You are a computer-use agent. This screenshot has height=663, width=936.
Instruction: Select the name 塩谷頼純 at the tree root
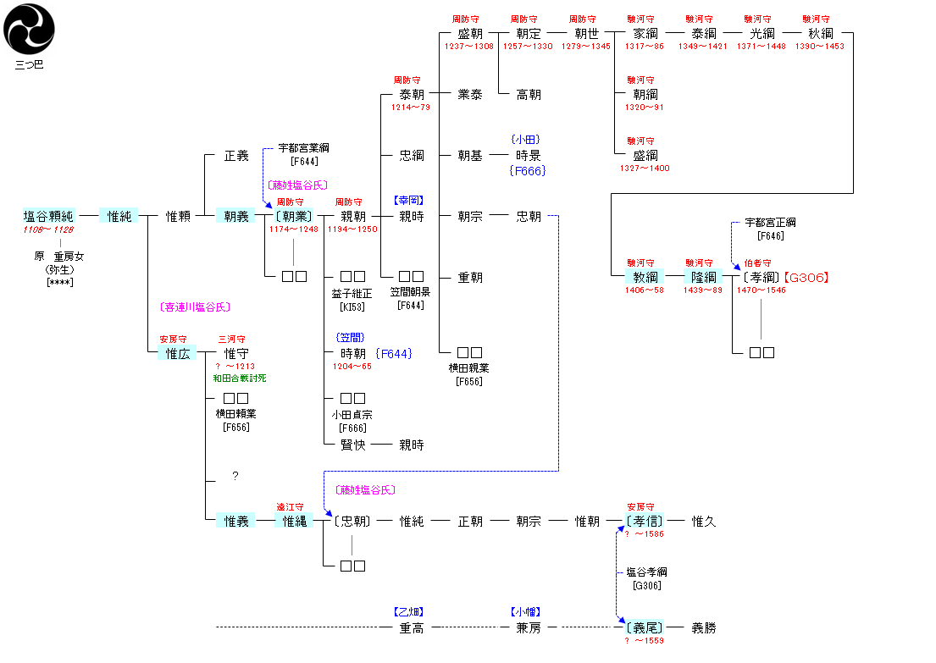tap(48, 216)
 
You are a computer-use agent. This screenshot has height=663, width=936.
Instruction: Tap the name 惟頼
tap(178, 216)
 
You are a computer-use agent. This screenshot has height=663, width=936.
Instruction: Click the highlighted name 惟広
tap(178, 353)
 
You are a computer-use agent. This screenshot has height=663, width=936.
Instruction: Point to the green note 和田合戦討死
tap(241, 378)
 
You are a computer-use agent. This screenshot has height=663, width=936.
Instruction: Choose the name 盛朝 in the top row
tap(469, 33)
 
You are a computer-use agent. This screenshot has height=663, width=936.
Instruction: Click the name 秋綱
tap(820, 33)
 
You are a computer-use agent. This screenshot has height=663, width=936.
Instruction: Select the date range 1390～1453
tap(820, 47)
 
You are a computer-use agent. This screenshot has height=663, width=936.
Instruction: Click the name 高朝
tap(529, 94)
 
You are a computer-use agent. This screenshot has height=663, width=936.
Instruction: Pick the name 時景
tap(529, 155)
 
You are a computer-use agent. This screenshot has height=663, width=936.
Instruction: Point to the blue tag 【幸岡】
tap(407, 201)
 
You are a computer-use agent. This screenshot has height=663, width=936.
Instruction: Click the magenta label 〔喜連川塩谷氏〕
tap(195, 307)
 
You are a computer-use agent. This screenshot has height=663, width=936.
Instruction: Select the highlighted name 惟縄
tap(295, 521)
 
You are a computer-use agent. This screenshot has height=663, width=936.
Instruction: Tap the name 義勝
tap(704, 627)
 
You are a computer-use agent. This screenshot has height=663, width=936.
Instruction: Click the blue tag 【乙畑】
tap(407, 611)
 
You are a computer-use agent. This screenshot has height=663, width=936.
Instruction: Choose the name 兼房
tap(529, 627)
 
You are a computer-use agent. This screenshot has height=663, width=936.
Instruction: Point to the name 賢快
tap(352, 445)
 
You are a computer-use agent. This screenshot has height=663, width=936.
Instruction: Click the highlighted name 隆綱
tap(704, 277)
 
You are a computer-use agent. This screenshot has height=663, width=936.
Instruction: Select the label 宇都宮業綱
tap(303, 148)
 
